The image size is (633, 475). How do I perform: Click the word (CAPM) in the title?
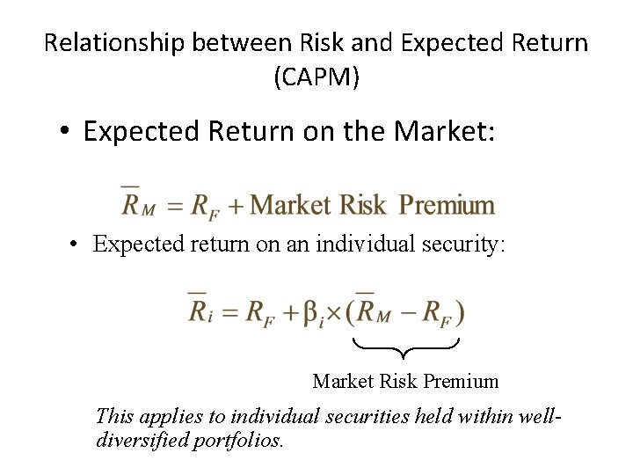(316, 77)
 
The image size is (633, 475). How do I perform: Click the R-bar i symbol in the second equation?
(200, 311)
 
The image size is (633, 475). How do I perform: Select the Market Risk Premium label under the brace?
(405, 382)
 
